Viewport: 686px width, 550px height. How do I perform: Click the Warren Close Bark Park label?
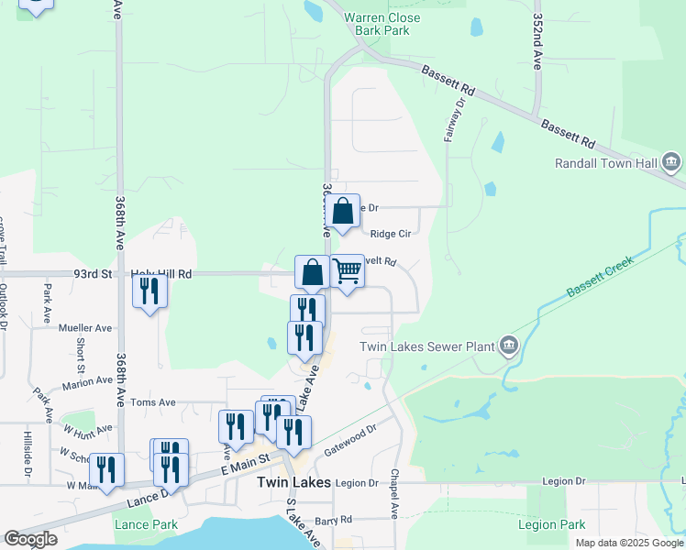[382, 25]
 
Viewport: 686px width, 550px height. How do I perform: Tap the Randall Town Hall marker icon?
[670, 164]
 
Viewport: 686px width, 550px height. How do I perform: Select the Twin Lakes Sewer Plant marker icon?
[509, 346]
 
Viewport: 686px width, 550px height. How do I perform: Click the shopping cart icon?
[348, 271]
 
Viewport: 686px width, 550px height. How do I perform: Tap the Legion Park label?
[551, 525]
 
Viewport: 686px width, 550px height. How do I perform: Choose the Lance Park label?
[146, 525]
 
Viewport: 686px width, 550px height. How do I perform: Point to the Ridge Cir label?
[390, 234]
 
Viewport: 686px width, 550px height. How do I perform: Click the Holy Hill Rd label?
[160, 273]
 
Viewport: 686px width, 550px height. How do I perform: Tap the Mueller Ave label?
[84, 327]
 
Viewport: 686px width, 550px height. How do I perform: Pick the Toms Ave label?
[152, 401]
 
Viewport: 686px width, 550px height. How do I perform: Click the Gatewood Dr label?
[350, 441]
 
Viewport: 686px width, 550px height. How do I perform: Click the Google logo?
[30, 539]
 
